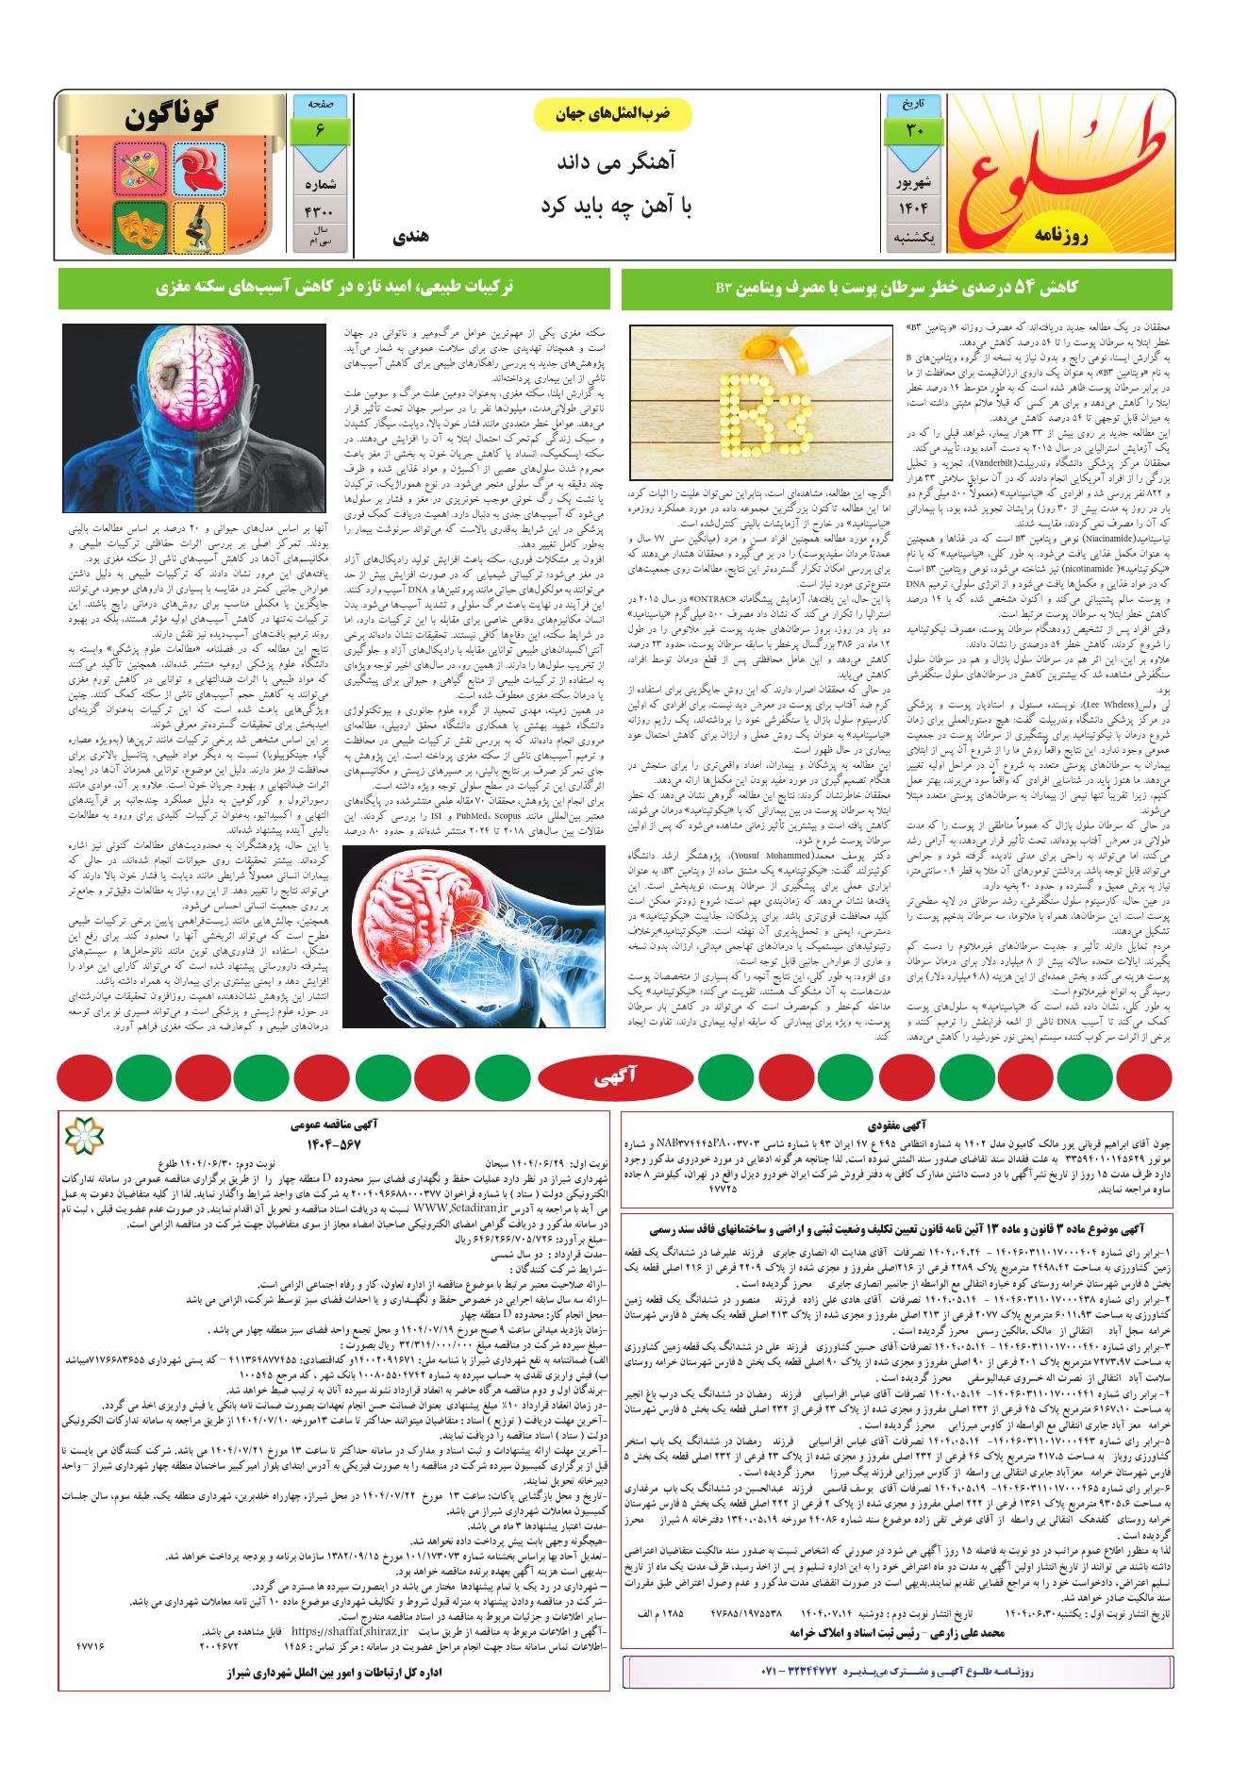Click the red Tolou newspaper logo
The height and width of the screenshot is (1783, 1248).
coord(1059,172)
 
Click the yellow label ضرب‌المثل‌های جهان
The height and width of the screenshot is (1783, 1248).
coord(613,112)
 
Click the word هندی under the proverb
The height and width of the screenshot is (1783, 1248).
coord(409,239)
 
